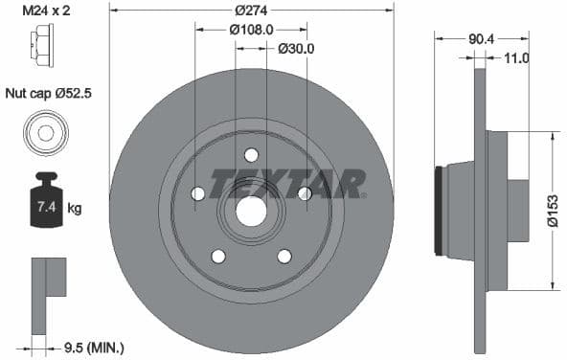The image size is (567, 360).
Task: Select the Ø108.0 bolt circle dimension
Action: click(x=252, y=29)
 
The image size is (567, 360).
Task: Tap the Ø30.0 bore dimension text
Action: click(x=296, y=48)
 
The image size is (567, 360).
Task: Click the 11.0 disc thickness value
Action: click(x=516, y=58)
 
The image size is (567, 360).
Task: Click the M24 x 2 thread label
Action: click(x=46, y=11)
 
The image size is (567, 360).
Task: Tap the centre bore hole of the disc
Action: click(x=251, y=211)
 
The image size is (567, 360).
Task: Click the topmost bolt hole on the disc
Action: click(x=251, y=155)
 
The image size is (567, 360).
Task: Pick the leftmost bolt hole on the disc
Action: click(x=198, y=194)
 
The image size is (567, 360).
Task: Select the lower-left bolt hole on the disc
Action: click(x=218, y=256)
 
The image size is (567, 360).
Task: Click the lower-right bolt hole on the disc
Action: click(x=284, y=256)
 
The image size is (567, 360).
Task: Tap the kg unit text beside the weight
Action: click(x=75, y=208)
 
